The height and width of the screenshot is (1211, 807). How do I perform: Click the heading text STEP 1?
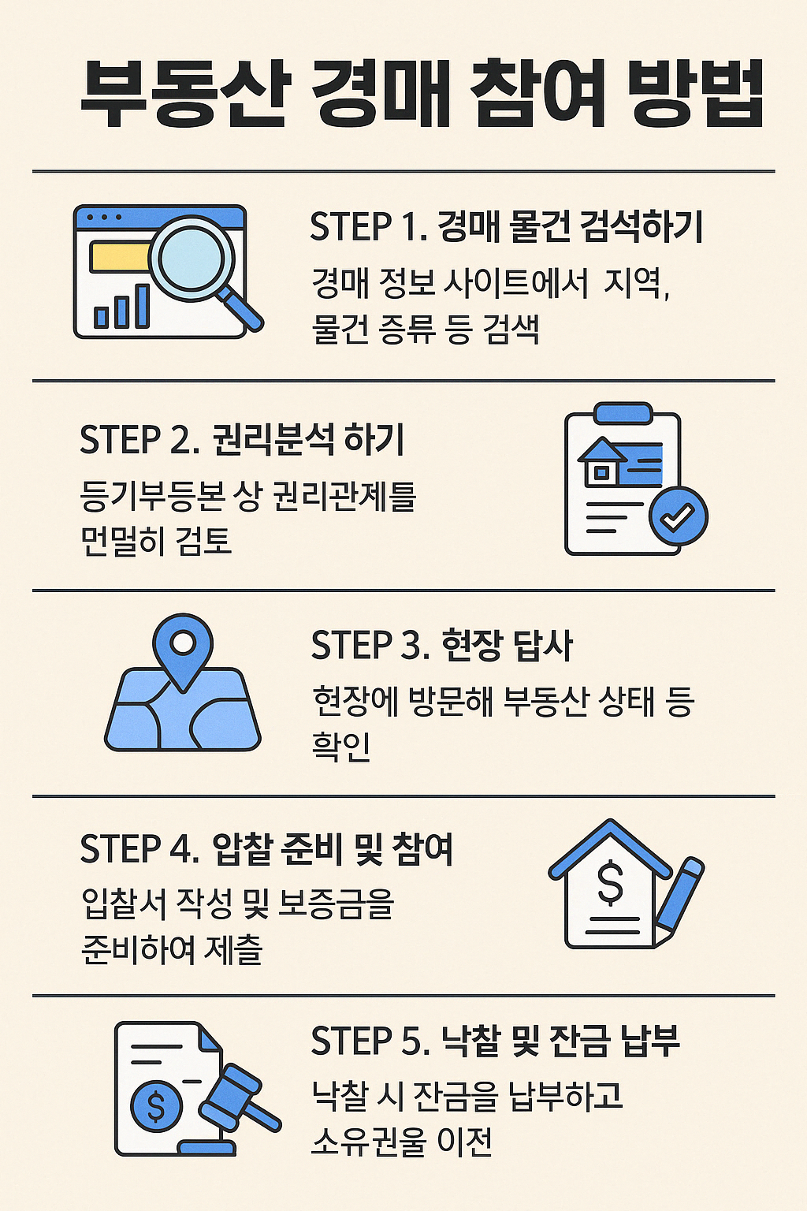click(368, 227)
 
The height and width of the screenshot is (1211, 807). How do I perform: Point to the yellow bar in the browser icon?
click(120, 257)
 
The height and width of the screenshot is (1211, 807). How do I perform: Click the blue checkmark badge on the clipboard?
click(678, 516)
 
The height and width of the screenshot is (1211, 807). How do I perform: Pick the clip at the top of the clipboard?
click(623, 412)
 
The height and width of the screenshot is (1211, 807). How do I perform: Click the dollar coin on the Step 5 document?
click(155, 1106)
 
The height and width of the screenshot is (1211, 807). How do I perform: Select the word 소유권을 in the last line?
click(369, 1140)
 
